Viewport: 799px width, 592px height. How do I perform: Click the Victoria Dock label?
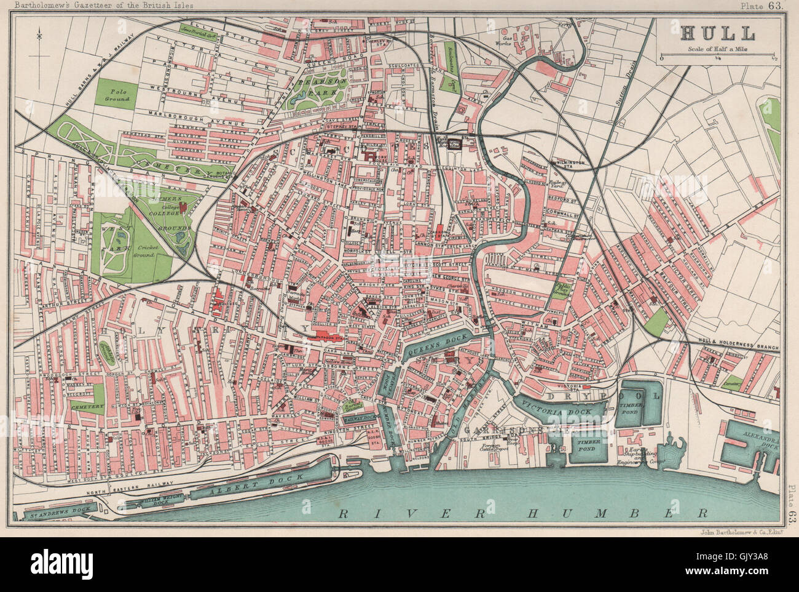tap(557, 409)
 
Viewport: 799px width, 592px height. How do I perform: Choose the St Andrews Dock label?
tap(59, 510)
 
